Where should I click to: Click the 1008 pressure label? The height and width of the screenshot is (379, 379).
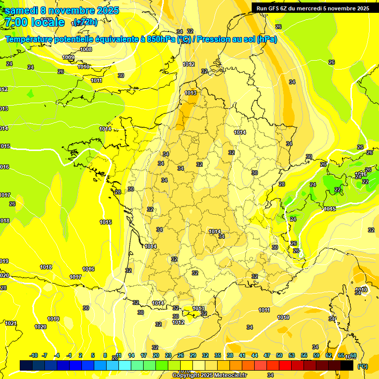click(86, 49)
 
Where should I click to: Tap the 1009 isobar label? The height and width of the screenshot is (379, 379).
click(68, 58)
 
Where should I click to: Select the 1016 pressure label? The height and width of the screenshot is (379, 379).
click(88, 269)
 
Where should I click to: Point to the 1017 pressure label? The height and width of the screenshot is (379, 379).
click(76, 277)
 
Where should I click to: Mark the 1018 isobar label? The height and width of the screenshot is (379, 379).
click(46, 267)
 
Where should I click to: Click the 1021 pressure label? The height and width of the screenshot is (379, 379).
click(10, 324)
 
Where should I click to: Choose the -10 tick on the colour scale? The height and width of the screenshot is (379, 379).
click(34, 355)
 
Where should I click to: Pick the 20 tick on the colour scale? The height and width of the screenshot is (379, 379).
click(155, 355)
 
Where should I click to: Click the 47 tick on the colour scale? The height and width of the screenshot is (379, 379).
click(267, 355)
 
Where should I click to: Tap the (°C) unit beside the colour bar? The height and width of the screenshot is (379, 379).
click(363, 366)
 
